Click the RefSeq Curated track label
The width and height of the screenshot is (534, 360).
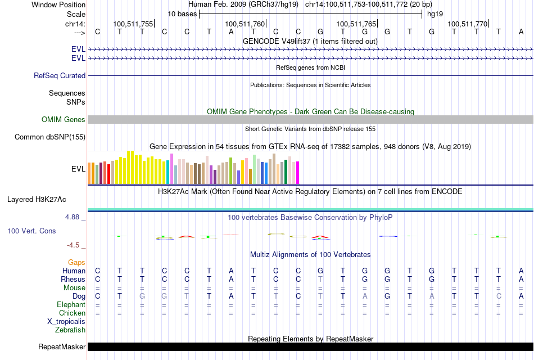pyautogui.click(x=60, y=75)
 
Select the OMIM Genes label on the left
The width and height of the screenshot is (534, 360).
pyautogui.click(x=63, y=119)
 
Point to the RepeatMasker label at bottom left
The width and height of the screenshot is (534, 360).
pyautogui.click(x=61, y=346)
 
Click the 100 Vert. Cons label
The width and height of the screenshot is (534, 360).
pyautogui.click(x=32, y=231)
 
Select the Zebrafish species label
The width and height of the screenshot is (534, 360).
pyautogui.click(x=70, y=330)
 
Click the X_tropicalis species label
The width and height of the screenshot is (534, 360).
pyautogui.click(x=66, y=321)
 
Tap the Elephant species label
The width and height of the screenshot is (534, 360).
pyautogui.click(x=71, y=304)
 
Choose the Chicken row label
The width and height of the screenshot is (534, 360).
pyautogui.click(x=73, y=313)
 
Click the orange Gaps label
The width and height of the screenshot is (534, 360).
pyautogui.click(x=76, y=262)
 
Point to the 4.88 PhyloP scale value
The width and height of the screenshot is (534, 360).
pyautogui.click(x=74, y=216)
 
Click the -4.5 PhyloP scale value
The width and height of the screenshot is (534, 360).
pyautogui.click(x=74, y=245)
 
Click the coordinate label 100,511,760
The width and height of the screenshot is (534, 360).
pyautogui.click(x=245, y=24)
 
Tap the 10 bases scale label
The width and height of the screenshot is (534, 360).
pyautogui.click(x=182, y=13)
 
